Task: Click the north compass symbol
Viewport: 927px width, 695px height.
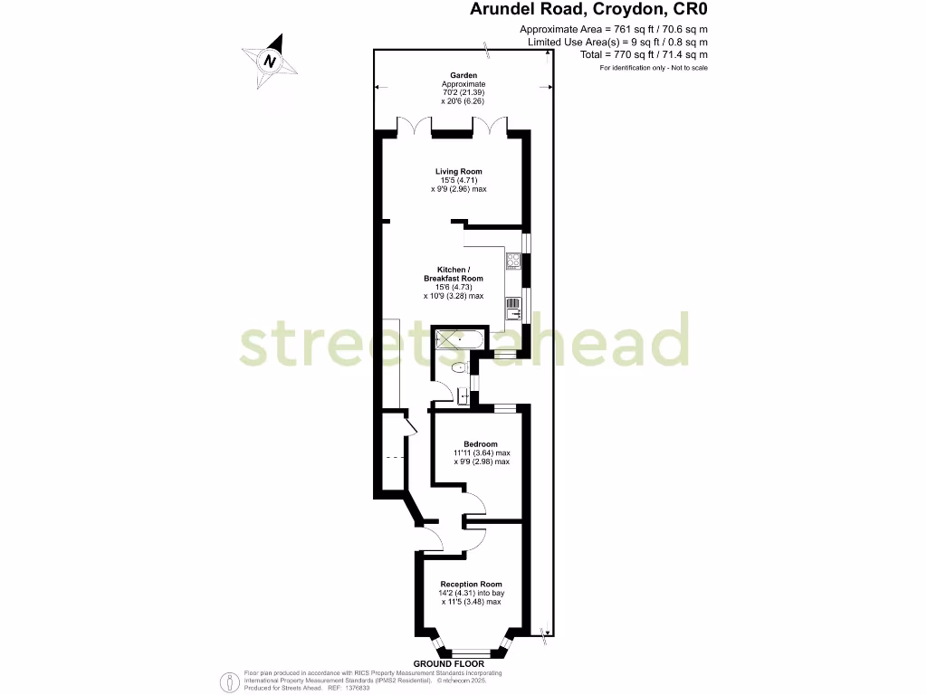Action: (269, 61)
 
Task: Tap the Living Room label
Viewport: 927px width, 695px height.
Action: (459, 171)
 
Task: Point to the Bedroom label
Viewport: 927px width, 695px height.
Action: (481, 443)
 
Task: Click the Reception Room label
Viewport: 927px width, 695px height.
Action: (471, 584)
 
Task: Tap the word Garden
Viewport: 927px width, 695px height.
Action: (463, 75)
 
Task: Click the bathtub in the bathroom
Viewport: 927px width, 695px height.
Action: (458, 340)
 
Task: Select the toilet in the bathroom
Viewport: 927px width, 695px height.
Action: (459, 367)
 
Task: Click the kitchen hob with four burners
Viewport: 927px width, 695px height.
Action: (513, 262)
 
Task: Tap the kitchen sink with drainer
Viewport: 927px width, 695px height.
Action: (513, 309)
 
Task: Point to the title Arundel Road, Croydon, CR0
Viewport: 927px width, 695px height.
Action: (588, 10)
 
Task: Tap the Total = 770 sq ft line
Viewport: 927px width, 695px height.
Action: (644, 54)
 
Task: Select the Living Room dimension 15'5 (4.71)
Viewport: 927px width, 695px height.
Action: (459, 180)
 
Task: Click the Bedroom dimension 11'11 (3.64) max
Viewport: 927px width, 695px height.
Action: (482, 452)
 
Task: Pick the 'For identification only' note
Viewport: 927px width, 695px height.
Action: (654, 68)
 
